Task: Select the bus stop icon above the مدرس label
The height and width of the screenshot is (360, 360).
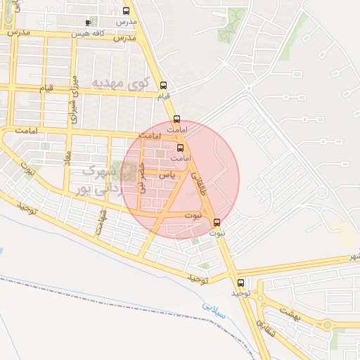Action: click(126, 11)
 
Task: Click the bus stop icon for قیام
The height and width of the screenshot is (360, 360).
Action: click(163, 85)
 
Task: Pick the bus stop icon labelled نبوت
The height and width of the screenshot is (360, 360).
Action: click(216, 222)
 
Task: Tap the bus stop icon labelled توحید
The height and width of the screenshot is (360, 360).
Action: click(241, 283)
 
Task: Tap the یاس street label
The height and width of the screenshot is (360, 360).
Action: click(166, 173)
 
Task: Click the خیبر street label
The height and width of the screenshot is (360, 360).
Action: click(143, 177)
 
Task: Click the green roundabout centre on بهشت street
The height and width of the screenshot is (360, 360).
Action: click(327, 325)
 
